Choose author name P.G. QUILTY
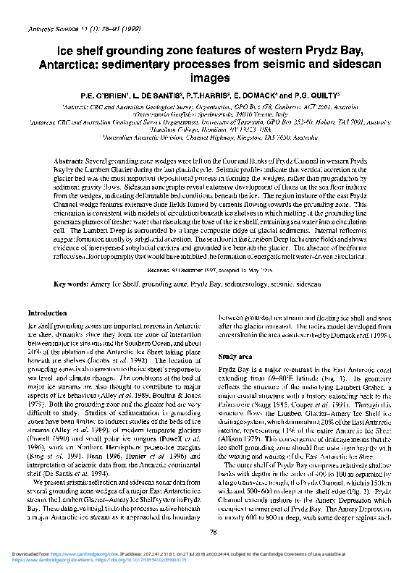[318, 95]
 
